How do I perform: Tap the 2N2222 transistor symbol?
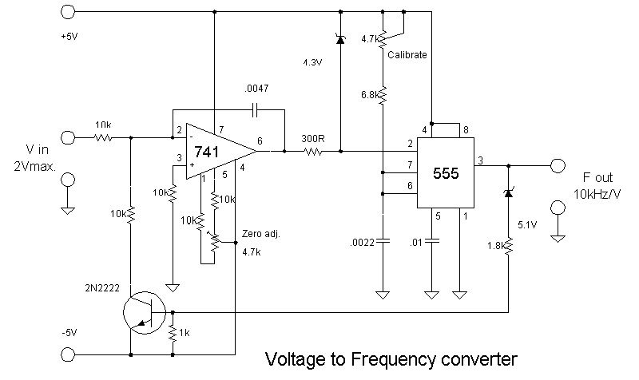pyautogui.click(x=145, y=311)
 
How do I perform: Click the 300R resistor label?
pyautogui.click(x=312, y=138)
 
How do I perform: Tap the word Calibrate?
pyautogui.click(x=408, y=55)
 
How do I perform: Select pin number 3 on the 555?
pyautogui.click(x=480, y=160)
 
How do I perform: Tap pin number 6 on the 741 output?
pyautogui.click(x=260, y=141)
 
